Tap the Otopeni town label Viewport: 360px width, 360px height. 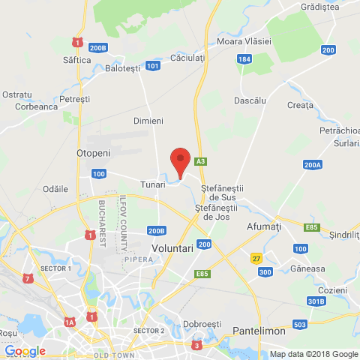(94, 152)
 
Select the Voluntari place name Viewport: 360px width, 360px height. (172, 247)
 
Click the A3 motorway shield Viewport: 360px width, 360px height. (200, 161)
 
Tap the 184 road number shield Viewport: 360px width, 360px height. (243, 58)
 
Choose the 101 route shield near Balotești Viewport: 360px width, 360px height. (153, 66)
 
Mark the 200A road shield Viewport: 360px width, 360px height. (313, 164)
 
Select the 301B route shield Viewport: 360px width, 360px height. (316, 301)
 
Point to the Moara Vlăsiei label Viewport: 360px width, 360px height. (244, 41)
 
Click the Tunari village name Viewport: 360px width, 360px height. (152, 183)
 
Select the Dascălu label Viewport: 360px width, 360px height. (250, 100)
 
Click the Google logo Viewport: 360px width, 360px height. (25, 350)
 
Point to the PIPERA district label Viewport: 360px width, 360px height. (139, 259)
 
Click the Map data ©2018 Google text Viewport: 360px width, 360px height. (314, 354)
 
